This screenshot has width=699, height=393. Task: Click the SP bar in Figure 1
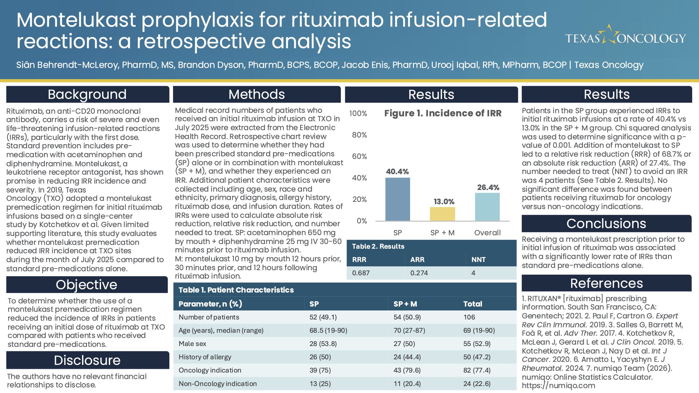[x=398, y=199]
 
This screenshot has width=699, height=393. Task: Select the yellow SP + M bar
[x=442, y=214]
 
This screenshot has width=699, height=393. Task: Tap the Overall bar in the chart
[x=487, y=207]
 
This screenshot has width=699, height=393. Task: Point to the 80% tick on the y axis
[x=359, y=135]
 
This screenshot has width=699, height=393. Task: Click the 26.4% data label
[x=488, y=187]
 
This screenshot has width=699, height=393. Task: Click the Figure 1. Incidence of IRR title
[x=443, y=113]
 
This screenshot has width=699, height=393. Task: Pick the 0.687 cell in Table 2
[x=361, y=273]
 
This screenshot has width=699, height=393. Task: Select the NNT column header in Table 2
[x=478, y=260]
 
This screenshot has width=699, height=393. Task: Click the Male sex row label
[x=192, y=344]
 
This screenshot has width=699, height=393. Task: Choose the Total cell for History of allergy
[x=477, y=357]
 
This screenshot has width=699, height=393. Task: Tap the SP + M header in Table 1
[x=405, y=304]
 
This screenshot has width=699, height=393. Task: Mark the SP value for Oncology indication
[x=320, y=370]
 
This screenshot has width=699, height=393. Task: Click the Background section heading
[x=87, y=94]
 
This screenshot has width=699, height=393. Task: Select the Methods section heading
[x=257, y=94]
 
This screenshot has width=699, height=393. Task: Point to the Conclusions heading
[x=606, y=224]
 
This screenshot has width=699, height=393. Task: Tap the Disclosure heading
[x=87, y=360]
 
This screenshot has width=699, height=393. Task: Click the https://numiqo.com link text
[x=558, y=386]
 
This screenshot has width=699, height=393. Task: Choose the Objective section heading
[x=87, y=285]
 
